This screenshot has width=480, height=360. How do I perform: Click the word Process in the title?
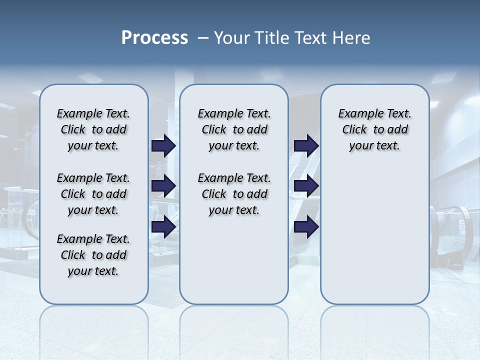coord(154,38)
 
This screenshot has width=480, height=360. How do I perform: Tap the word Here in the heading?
coord(351,38)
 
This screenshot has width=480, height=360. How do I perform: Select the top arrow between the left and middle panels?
coord(163,145)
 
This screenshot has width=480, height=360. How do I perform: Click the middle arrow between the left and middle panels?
coord(163,186)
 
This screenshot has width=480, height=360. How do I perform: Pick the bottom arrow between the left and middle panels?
coord(163,227)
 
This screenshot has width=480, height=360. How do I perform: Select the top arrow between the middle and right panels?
coord(306,145)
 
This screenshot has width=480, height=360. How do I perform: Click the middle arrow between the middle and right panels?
coord(306,186)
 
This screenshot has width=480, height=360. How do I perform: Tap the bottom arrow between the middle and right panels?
coord(306,227)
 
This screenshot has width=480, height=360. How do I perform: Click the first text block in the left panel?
coord(93,129)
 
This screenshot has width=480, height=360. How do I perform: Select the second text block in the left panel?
coord(93,194)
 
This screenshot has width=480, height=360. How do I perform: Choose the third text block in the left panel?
coord(93,255)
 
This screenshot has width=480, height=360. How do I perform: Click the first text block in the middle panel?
coord(234,129)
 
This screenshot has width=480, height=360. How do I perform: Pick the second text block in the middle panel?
coord(234,194)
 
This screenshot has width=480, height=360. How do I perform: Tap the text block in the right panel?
coord(374,129)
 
